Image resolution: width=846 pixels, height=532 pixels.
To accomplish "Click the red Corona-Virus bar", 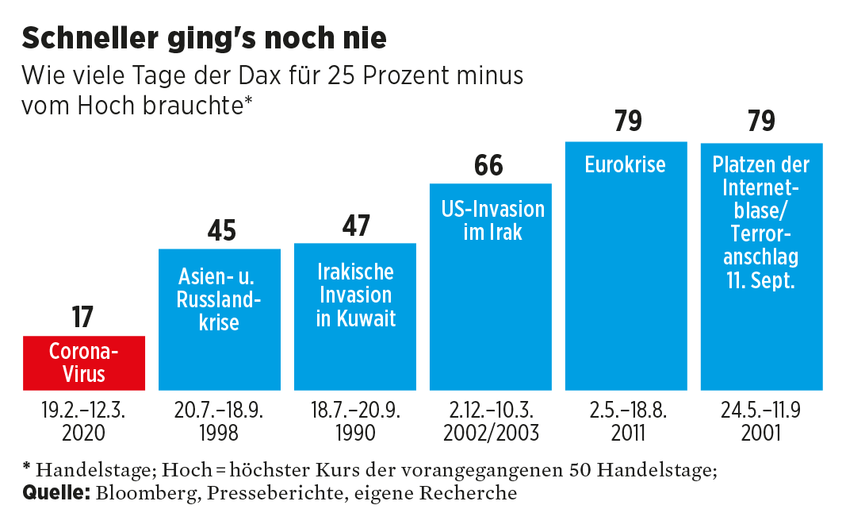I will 84,362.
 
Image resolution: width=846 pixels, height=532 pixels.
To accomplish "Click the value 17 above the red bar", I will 82,318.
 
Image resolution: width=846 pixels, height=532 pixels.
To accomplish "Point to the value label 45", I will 221,230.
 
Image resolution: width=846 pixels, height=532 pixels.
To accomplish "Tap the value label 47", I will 356,226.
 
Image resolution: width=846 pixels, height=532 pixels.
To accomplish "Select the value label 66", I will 489,166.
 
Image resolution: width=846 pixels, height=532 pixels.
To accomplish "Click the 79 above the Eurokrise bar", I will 627,122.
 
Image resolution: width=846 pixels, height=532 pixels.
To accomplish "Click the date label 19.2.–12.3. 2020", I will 84,422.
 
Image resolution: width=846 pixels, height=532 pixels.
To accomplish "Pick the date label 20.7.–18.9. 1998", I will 220,422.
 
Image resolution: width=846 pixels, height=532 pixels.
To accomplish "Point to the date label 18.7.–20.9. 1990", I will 355,422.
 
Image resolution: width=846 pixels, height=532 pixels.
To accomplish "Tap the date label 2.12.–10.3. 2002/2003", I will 492,422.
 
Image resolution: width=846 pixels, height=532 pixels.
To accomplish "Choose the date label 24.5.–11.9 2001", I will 761,422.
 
